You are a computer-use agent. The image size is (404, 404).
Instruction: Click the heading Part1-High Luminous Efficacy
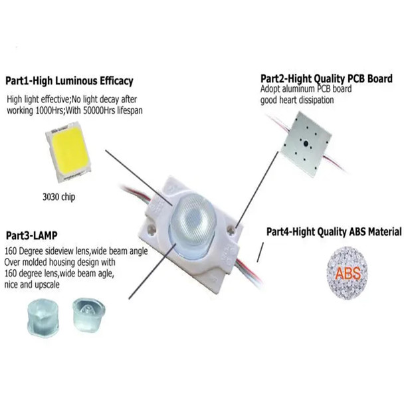coord(69,82)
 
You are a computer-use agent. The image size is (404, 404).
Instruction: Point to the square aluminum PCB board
coord(307,142)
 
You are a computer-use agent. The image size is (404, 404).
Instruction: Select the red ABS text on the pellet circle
coord(349,273)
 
